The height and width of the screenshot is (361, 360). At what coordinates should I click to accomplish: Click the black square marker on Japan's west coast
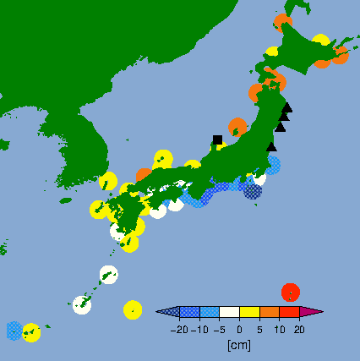pyautogui.click(x=218, y=139)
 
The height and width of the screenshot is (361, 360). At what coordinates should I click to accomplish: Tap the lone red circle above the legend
pyautogui.click(x=291, y=292)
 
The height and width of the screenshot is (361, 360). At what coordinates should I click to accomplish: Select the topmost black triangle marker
pyautogui.click(x=287, y=107)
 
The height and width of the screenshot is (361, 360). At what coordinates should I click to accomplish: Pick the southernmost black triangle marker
pyautogui.click(x=271, y=147)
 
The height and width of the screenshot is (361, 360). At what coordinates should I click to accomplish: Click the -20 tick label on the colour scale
pyautogui.click(x=179, y=330)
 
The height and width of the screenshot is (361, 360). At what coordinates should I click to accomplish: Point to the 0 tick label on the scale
pyautogui.click(x=239, y=330)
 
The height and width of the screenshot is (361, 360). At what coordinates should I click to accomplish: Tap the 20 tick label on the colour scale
pyautogui.click(x=299, y=330)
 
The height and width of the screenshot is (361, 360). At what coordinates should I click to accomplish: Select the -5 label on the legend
pyautogui.click(x=219, y=330)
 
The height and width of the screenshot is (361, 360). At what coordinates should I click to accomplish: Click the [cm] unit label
pyautogui.click(x=239, y=345)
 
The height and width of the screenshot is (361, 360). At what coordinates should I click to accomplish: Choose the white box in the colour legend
pyautogui.click(x=229, y=313)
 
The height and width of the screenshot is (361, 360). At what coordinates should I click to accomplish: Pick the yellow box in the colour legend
pyautogui.click(x=249, y=313)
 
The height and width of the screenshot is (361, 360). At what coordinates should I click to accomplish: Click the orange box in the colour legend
pyautogui.click(x=269, y=313)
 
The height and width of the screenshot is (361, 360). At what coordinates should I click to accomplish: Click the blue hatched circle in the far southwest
pyautogui.click(x=14, y=330)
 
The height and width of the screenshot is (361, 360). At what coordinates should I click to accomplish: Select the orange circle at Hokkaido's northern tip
pyautogui.click(x=283, y=24)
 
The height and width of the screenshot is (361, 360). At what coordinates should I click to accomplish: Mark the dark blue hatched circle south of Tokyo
pyautogui.click(x=253, y=191)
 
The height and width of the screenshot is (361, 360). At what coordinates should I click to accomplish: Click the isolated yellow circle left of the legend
pyautogui.click(x=133, y=309)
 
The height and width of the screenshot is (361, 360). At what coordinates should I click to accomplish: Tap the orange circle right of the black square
pyautogui.click(x=237, y=127)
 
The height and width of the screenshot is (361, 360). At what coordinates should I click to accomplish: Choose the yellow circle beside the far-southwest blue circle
pyautogui.click(x=32, y=332)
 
